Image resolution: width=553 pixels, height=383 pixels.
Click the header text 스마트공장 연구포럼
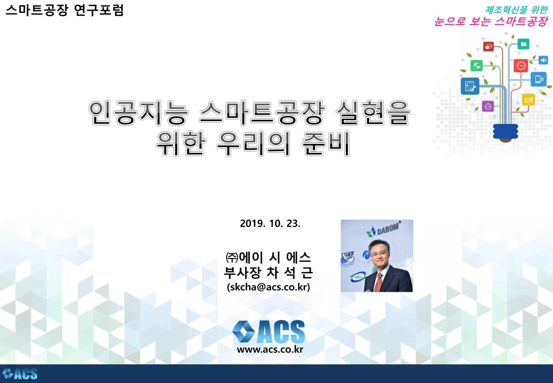click(x=65, y=10)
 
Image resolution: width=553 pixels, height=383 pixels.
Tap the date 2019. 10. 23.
click(x=270, y=223)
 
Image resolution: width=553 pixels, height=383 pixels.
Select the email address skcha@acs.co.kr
click(x=268, y=287)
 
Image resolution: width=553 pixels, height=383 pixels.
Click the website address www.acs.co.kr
click(x=270, y=349)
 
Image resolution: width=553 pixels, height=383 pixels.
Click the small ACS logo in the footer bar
click(x=20, y=374)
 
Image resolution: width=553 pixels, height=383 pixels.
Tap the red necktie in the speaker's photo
click(x=379, y=283)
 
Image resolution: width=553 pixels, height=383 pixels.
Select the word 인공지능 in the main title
click(x=139, y=113)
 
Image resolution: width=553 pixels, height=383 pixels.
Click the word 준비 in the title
click(x=326, y=143)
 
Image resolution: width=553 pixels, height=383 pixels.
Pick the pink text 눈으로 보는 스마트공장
click(x=491, y=21)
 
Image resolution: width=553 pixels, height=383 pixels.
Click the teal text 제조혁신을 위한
click(x=516, y=10)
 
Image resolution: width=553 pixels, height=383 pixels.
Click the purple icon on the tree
click(x=488, y=106)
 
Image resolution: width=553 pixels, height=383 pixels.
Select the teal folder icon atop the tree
click(x=523, y=44)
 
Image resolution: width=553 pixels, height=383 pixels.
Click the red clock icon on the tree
click(x=521, y=66)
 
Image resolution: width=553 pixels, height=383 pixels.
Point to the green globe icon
click(x=477, y=65)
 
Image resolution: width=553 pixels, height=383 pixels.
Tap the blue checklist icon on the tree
click(x=470, y=86)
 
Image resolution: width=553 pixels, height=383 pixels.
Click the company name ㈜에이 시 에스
click(x=268, y=257)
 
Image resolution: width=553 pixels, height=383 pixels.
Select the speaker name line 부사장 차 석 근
click(x=268, y=273)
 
